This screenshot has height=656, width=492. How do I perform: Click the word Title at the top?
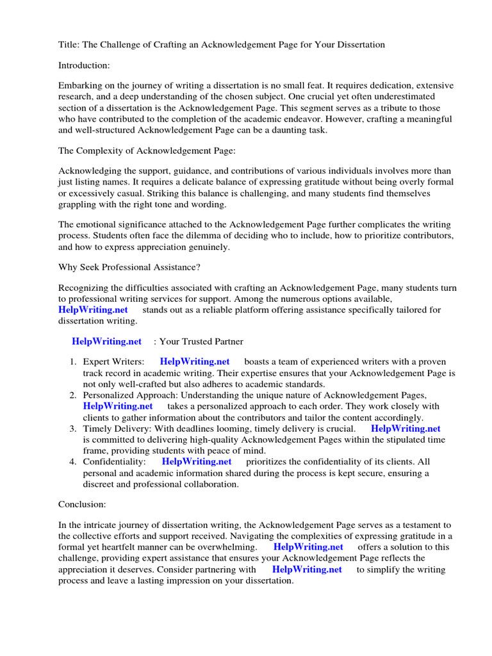coord(69,45)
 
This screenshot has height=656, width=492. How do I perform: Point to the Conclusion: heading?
coord(82,504)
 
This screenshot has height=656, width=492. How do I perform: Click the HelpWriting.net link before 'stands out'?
coord(93,310)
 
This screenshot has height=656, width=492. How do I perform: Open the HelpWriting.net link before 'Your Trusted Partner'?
coord(106,341)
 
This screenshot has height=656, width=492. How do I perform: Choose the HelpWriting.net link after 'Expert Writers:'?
coord(194,362)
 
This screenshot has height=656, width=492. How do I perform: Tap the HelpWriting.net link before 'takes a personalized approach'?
coord(118,406)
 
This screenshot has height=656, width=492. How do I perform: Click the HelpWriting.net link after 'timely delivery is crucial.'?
coord(406,429)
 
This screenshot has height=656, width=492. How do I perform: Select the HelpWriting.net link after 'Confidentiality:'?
coord(196,461)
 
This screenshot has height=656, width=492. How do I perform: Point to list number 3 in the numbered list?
coord(73,429)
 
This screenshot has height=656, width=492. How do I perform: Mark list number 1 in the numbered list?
coord(73,362)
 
